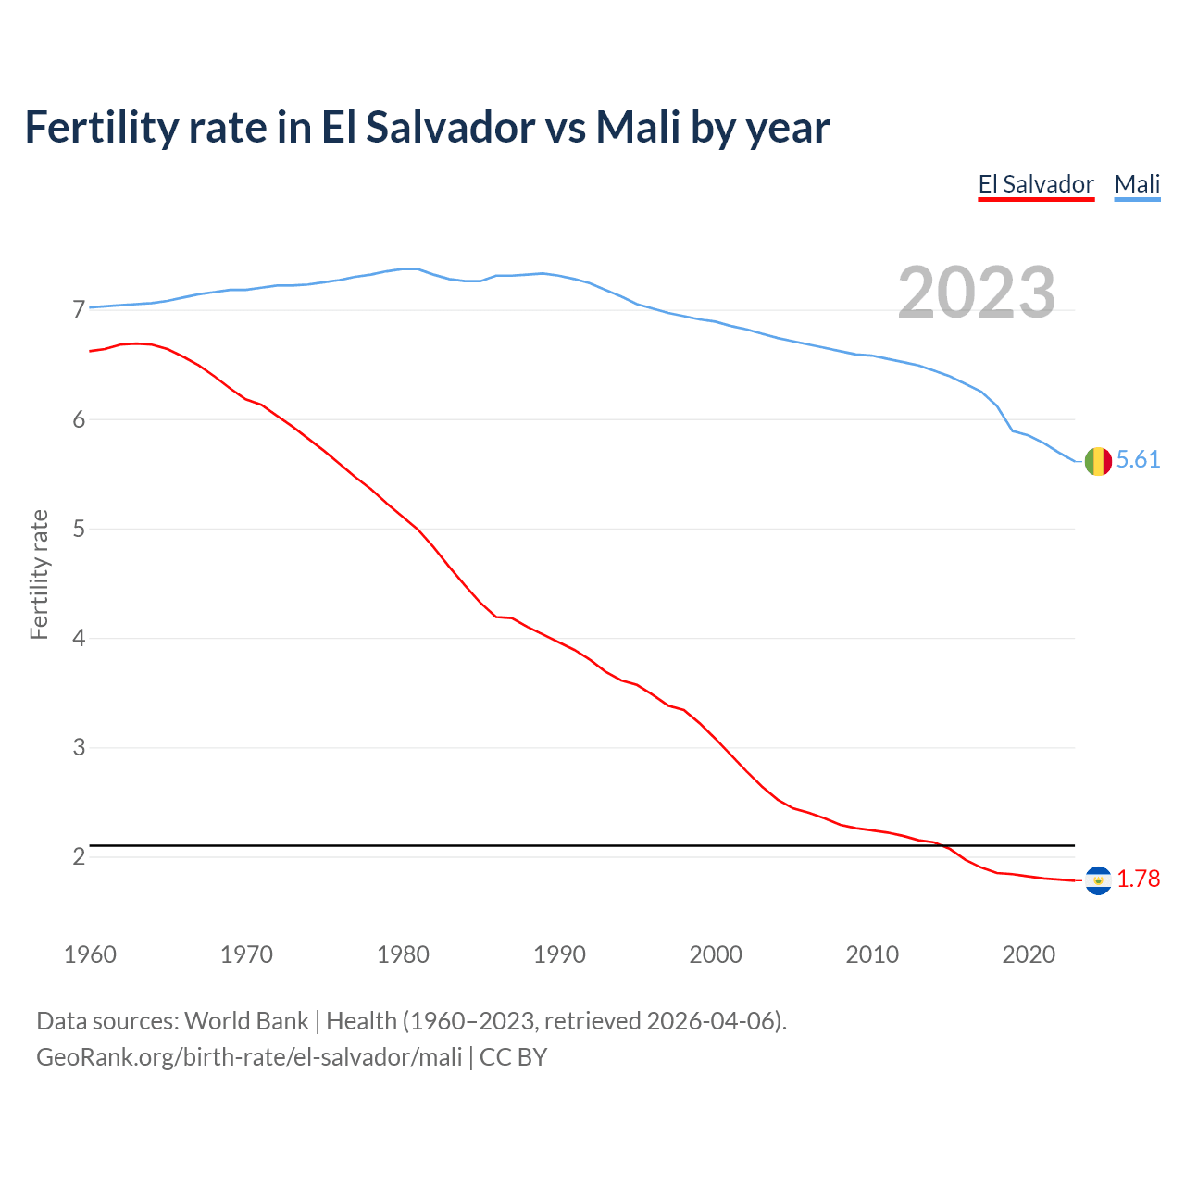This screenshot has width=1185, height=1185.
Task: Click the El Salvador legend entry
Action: (x=1036, y=184)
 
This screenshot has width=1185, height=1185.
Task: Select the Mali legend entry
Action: (x=1137, y=184)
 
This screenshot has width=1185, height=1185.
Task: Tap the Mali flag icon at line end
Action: (x=1098, y=461)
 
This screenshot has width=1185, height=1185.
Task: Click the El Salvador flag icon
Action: (x=1098, y=880)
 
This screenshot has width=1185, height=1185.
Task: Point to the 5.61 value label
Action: (x=1138, y=460)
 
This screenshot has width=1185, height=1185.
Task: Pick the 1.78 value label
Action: (x=1138, y=879)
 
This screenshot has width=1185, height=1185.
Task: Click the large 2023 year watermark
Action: (x=977, y=293)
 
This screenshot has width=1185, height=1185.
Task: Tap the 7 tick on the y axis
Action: (x=79, y=310)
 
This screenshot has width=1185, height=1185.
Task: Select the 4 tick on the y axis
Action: (x=79, y=638)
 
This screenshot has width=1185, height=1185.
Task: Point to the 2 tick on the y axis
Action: (x=79, y=856)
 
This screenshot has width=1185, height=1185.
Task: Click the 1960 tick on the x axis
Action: (x=90, y=954)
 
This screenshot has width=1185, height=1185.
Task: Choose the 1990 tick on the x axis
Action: (x=559, y=954)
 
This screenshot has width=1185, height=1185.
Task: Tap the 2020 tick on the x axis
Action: (x=1029, y=954)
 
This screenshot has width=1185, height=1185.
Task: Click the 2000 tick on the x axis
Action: (x=716, y=954)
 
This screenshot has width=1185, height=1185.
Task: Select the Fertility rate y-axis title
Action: (x=39, y=574)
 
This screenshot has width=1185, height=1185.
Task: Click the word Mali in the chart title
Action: (x=637, y=127)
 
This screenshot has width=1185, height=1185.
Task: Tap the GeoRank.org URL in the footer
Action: (x=249, y=1057)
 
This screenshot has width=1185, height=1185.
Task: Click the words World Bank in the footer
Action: (x=246, y=1021)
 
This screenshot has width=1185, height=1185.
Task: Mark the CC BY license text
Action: (x=513, y=1057)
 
